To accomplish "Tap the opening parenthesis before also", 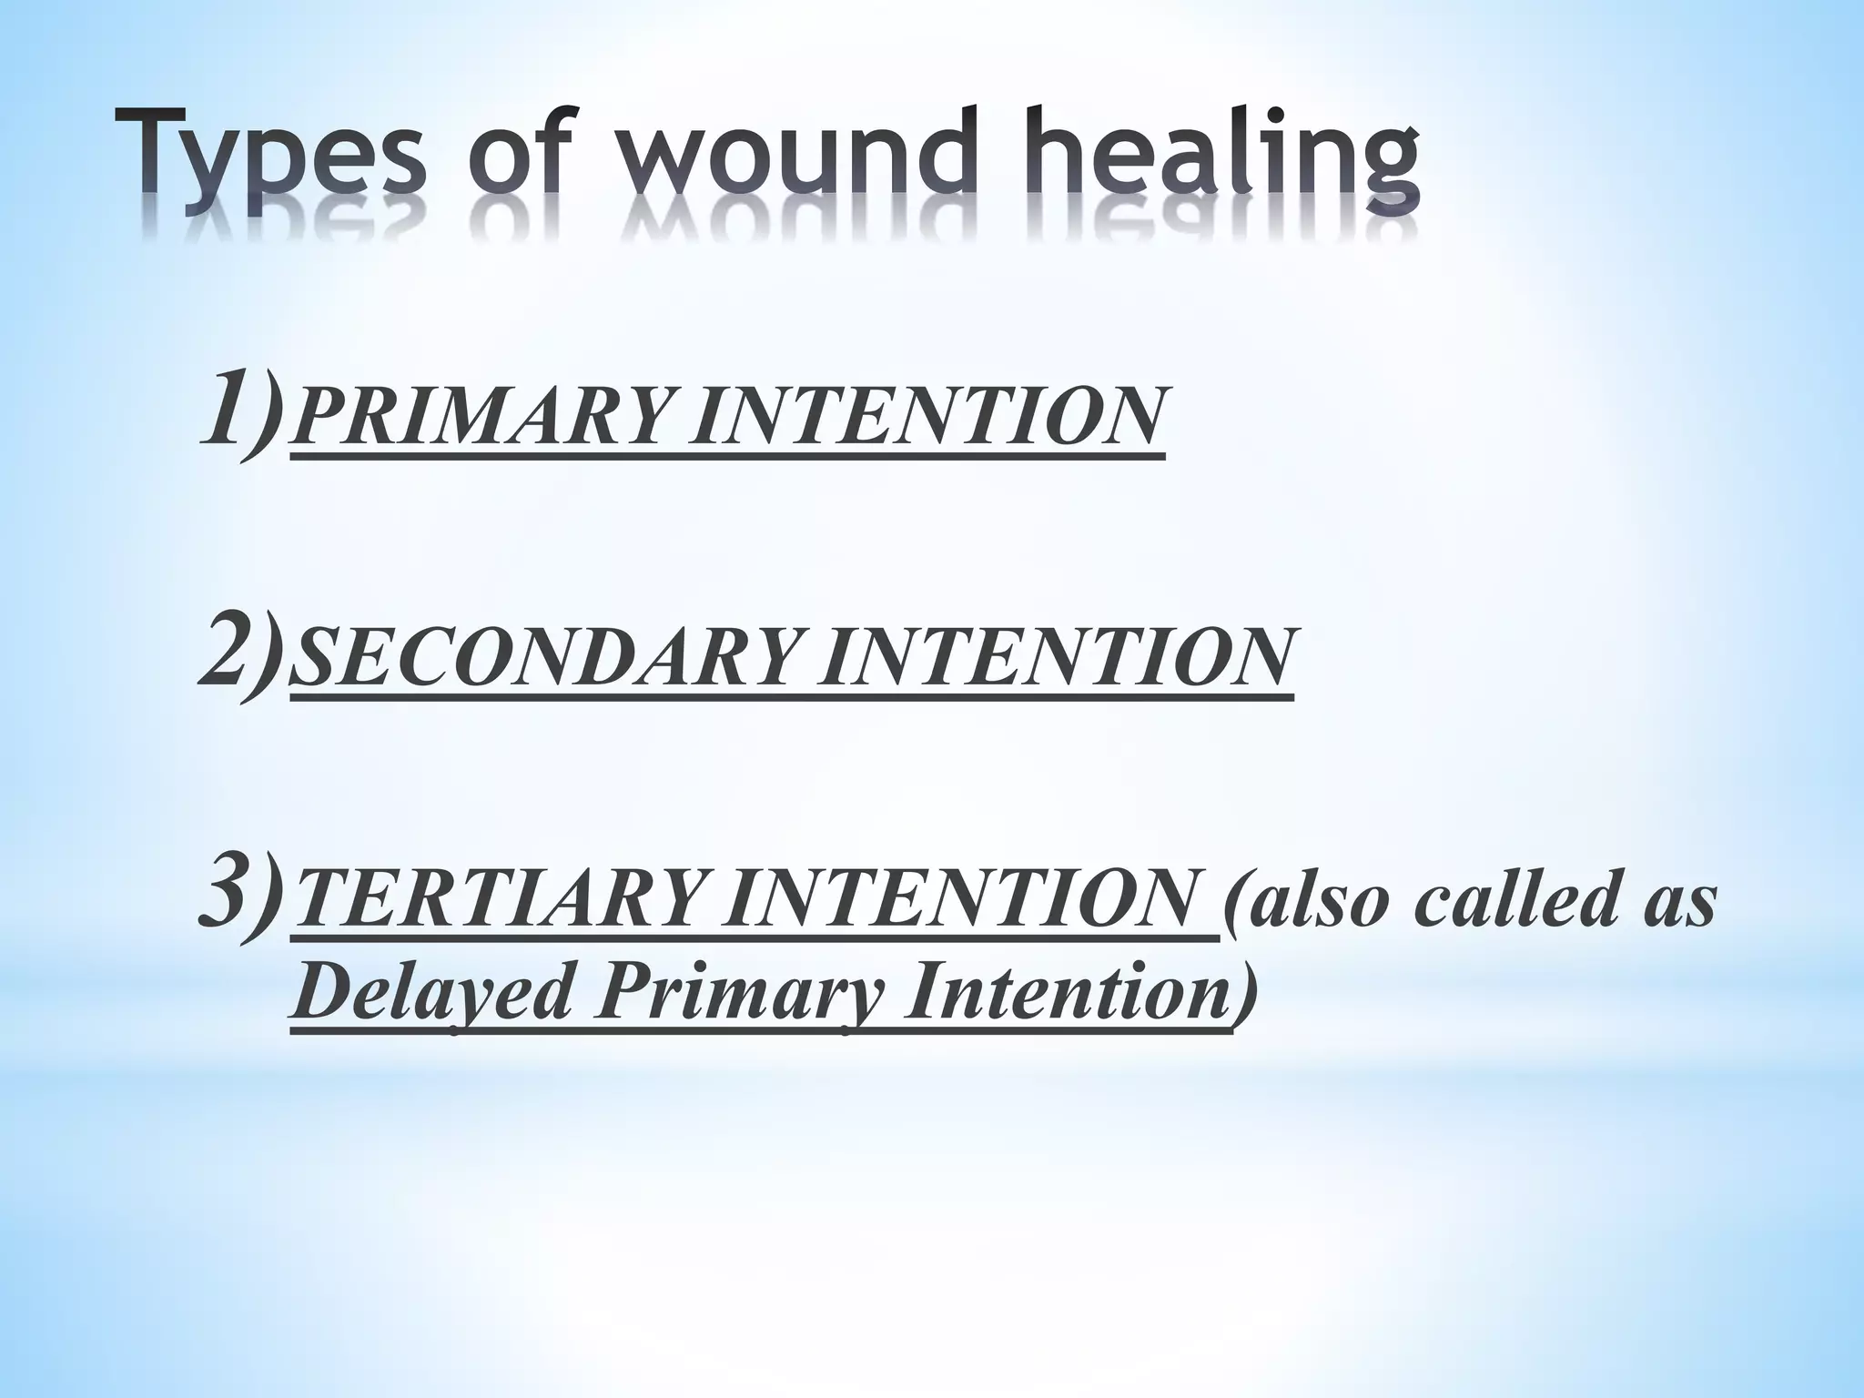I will pos(1232,903).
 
